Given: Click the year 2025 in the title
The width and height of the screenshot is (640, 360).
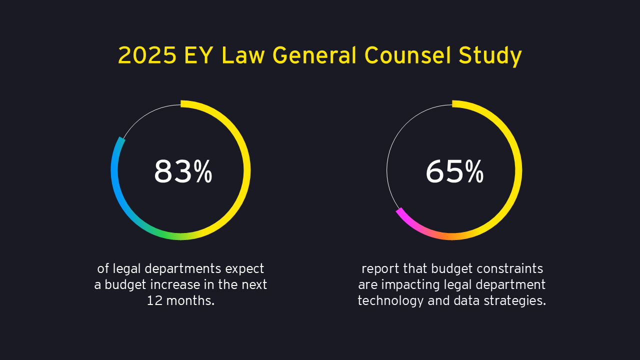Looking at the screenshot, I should click(x=147, y=55).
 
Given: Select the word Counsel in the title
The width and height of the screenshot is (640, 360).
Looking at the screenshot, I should click(x=401, y=55).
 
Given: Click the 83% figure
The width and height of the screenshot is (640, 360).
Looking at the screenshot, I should click(x=183, y=171).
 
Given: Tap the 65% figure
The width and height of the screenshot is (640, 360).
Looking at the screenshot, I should click(x=454, y=171).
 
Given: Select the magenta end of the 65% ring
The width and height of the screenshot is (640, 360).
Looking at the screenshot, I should click(x=399, y=212).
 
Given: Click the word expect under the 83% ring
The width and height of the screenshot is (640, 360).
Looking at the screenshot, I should click(x=244, y=269).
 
